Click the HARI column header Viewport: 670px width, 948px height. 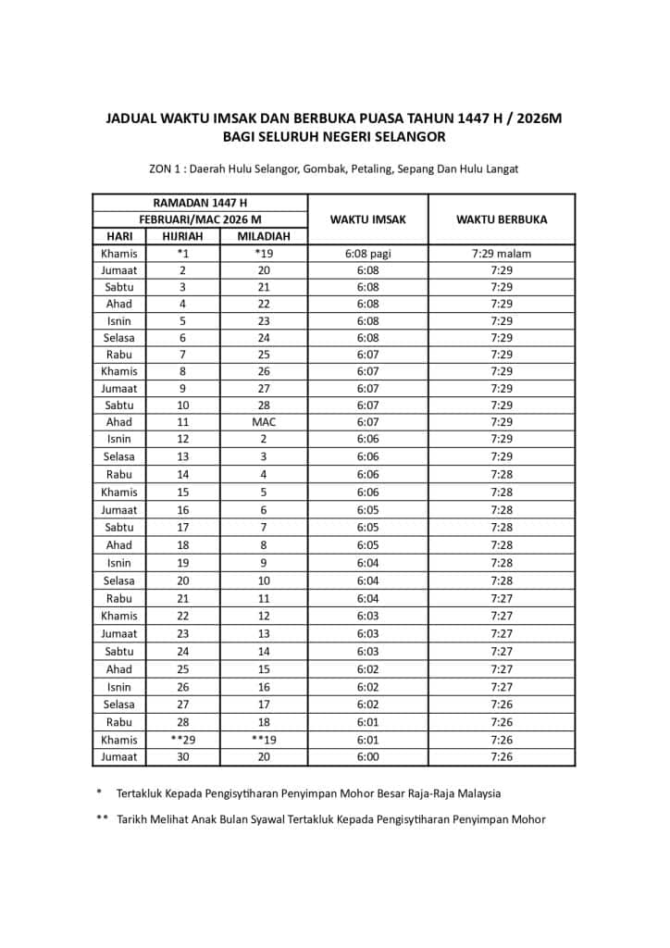point(119,236)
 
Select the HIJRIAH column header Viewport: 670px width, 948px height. point(182,236)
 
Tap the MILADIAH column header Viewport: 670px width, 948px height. point(264,236)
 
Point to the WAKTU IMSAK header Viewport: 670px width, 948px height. point(367,219)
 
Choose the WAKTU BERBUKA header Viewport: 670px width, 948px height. point(501,219)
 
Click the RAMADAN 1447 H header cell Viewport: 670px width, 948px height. point(200,203)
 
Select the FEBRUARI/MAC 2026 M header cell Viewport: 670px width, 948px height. point(200,219)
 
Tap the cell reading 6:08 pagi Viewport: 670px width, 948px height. point(367,253)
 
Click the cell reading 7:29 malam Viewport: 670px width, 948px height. point(501,253)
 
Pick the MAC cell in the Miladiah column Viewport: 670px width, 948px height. point(264,422)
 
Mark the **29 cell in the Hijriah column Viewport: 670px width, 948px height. point(182,740)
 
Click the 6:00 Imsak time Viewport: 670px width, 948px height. point(367,756)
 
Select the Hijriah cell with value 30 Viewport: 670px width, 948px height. point(182,756)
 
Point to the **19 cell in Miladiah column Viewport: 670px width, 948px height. point(264,740)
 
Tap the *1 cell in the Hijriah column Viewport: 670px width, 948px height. point(182,253)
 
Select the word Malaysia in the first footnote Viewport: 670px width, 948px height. point(475,793)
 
